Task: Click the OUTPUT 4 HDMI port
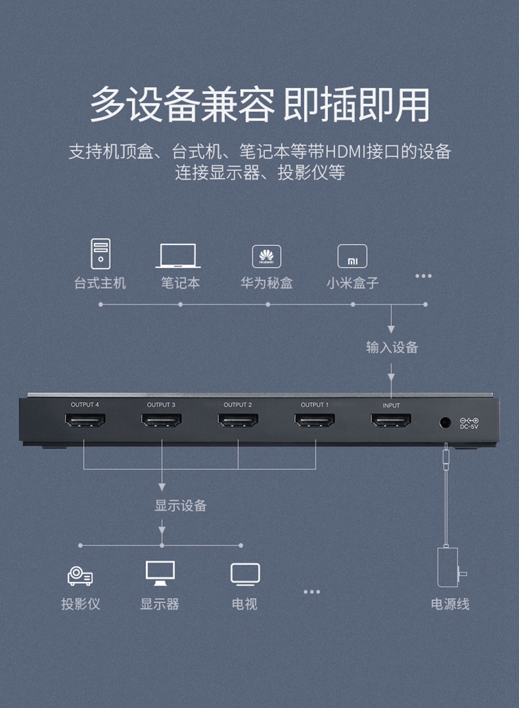click(85, 420)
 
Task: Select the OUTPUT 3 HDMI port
click(161, 420)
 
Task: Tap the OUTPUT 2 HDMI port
click(238, 420)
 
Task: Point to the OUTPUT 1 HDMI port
click(315, 420)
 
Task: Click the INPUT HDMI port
click(391, 420)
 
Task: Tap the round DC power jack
click(445, 423)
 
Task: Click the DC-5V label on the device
click(469, 426)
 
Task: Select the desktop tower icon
click(100, 254)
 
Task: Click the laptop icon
click(178, 256)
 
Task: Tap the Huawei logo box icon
click(266, 257)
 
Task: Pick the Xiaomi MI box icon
click(352, 257)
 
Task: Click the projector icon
click(80, 576)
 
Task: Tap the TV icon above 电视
click(245, 574)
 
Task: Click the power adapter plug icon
click(450, 567)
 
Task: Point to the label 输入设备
click(392, 347)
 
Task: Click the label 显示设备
click(181, 505)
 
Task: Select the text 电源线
click(450, 603)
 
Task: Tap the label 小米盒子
click(352, 283)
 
